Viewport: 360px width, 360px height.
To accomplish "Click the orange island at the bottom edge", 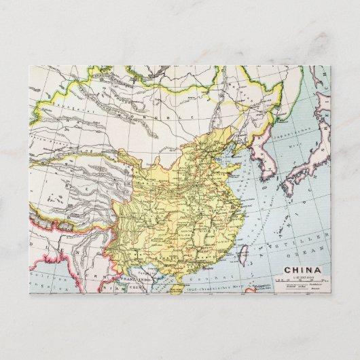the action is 176,289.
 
